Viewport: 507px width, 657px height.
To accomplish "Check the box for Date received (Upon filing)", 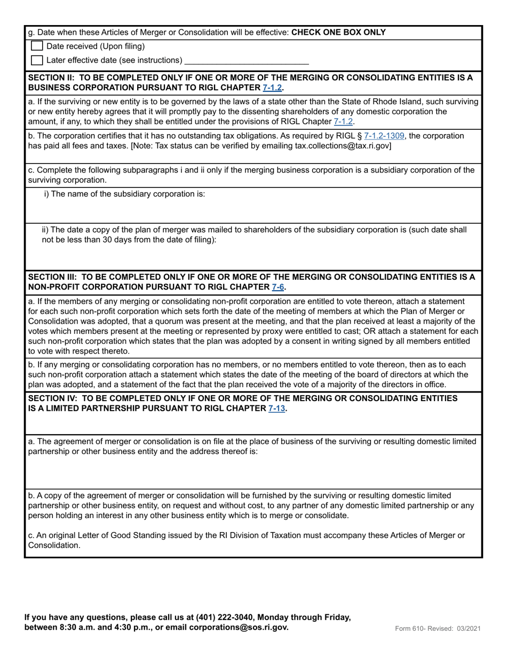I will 37,46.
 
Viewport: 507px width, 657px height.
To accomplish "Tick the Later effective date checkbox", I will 37,60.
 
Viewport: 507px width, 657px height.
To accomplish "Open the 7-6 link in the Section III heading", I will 278,287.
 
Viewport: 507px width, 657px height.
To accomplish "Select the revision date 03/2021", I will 469,629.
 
